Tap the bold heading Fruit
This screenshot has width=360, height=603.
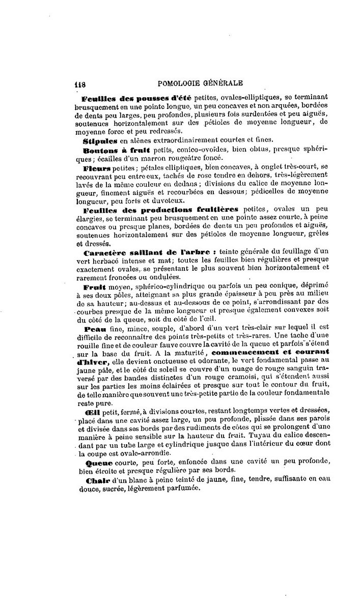94,287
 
